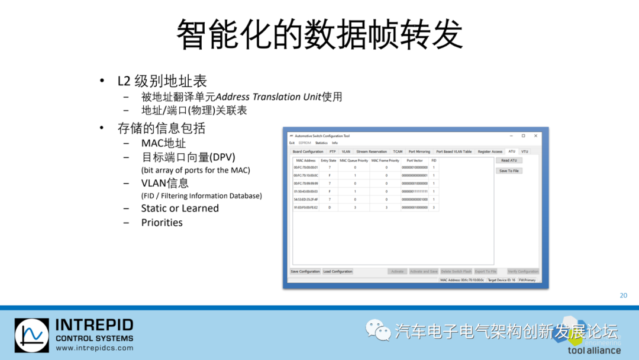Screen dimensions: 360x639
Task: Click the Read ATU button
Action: pos(509,160)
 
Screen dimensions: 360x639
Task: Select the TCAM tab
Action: pos(398,152)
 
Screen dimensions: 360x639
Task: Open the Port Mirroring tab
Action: pos(419,152)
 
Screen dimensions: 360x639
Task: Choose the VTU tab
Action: pos(525,152)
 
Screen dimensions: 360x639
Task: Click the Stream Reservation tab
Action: pos(372,152)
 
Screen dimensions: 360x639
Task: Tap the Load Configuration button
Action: pos(338,272)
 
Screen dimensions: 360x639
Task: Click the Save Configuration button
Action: pos(305,272)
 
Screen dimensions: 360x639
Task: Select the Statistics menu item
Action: pos(321,143)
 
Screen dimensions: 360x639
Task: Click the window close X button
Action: pos(535,136)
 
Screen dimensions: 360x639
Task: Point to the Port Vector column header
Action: pos(415,160)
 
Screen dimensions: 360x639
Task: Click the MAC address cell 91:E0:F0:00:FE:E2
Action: pos(306,208)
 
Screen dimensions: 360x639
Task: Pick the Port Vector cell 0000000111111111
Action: pos(415,192)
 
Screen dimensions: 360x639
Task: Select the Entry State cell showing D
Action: pos(329,208)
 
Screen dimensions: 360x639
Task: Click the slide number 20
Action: pos(623,295)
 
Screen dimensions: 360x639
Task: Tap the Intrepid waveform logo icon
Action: pos(32,336)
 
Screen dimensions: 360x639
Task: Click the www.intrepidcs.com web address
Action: pos(94,348)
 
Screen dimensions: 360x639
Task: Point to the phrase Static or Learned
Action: pos(180,208)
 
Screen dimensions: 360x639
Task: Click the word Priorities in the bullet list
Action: pos(162,223)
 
